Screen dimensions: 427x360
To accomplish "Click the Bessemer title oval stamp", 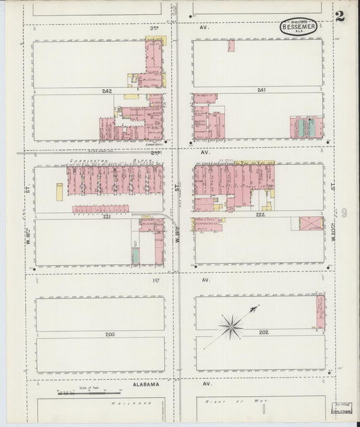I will (x=299, y=27).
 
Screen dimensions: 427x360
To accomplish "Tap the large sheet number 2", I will (x=339, y=16).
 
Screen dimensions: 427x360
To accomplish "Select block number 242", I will (x=107, y=91).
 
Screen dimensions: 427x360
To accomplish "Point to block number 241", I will (x=261, y=90).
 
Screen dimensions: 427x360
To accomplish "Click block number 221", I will (x=107, y=217).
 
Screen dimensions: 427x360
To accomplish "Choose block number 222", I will (x=261, y=214).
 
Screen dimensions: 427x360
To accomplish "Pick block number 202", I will (x=263, y=332).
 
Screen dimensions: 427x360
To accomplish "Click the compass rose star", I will (x=232, y=327).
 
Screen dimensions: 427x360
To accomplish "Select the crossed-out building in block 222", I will (x=311, y=223).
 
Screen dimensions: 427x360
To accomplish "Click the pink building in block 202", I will (x=320, y=312).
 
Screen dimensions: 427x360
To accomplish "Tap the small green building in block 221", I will (x=135, y=255).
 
